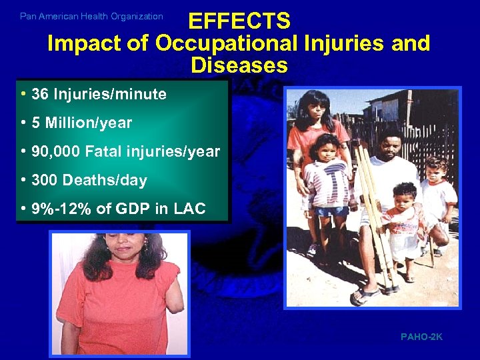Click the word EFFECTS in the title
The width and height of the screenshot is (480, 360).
[x=239, y=21]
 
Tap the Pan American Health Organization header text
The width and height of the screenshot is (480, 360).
[x=91, y=16]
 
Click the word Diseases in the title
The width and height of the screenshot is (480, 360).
[x=239, y=65]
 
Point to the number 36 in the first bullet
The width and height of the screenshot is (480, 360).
[x=39, y=95]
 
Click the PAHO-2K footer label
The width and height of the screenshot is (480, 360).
[x=421, y=337]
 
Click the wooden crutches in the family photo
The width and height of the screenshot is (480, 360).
[x=374, y=213]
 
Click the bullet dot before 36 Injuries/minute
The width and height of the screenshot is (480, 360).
[x=23, y=95]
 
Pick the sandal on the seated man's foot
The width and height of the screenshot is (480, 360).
[x=366, y=294]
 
